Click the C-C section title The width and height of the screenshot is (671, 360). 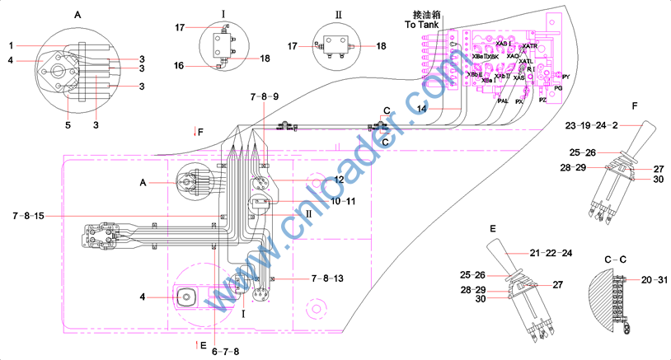614,259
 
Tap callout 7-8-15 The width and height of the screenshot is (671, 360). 29,216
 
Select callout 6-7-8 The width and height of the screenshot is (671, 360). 224,351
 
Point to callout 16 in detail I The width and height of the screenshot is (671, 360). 179,64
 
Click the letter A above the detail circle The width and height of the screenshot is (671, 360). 77,15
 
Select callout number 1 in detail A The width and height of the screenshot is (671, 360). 12,44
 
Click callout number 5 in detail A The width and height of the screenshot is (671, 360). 68,125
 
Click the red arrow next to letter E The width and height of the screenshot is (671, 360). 195,344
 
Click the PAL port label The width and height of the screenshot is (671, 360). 503,101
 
